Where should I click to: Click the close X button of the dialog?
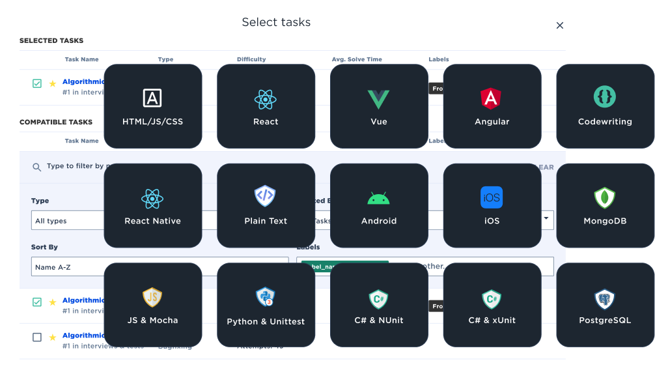point(559,25)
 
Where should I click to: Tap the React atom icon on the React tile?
point(266,100)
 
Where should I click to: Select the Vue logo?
point(378,100)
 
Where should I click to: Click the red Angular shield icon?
point(492,98)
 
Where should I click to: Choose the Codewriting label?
point(605,122)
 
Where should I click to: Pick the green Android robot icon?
point(378,198)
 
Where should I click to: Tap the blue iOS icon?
point(492,197)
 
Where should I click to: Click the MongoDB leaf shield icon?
point(605,198)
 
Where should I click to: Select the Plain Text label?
point(266,221)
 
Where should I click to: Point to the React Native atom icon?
point(152,198)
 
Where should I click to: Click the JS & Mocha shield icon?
point(152,297)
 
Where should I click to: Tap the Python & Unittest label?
point(266,321)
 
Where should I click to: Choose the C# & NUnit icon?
point(378,298)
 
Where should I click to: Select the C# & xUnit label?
point(492,320)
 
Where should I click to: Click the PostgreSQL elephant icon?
point(605,299)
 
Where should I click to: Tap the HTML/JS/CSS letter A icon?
point(152,98)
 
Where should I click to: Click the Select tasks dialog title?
point(276,22)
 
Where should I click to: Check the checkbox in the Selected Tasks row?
point(37,83)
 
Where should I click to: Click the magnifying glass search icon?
point(37,167)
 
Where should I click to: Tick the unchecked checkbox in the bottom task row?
point(37,337)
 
